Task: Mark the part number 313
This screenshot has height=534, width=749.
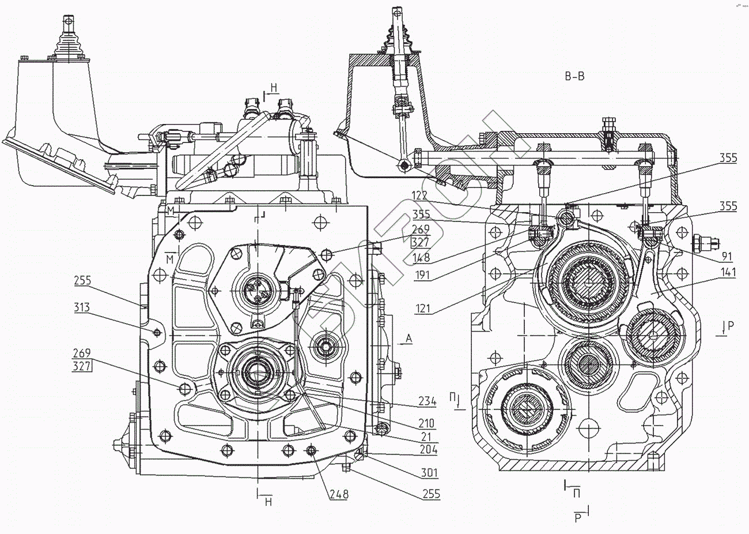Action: point(81,308)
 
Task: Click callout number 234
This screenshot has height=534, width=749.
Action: point(427,402)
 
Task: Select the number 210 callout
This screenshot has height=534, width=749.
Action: point(427,424)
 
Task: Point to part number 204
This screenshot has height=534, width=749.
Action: point(428,450)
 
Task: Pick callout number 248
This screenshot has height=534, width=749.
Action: point(339,494)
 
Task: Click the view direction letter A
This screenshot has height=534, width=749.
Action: point(409,339)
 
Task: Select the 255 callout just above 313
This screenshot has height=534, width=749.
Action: point(82,281)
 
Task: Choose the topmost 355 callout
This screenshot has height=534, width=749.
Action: point(727,159)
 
